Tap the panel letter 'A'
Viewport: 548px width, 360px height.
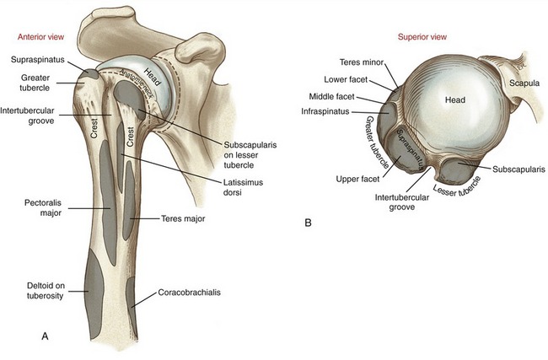tap(46, 336)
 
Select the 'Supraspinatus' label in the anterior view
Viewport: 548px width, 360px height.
tap(36, 61)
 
